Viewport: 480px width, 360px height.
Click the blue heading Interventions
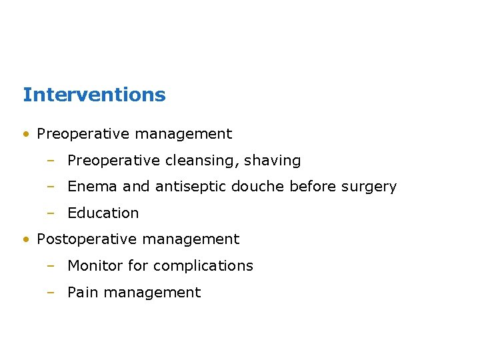(94, 95)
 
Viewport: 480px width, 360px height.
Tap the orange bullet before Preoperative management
(25, 134)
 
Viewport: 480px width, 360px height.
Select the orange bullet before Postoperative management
(25, 239)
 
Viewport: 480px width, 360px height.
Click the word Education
(103, 213)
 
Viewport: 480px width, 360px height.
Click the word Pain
(81, 292)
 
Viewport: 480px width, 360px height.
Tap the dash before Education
(50, 213)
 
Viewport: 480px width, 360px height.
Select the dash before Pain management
(50, 292)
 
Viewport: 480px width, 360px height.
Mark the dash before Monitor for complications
(50, 265)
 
